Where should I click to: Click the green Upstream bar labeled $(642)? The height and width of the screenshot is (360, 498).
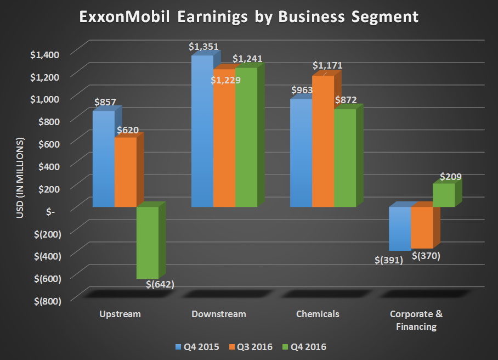(x=147, y=243)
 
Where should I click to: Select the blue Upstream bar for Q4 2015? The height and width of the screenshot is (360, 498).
(x=103, y=159)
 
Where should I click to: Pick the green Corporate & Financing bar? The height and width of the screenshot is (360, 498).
(x=443, y=195)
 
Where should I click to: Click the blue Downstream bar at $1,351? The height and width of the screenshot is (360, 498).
(x=202, y=131)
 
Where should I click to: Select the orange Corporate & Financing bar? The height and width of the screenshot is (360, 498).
(x=421, y=227)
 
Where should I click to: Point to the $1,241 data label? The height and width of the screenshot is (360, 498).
(x=247, y=58)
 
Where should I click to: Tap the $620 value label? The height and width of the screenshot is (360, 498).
(x=128, y=131)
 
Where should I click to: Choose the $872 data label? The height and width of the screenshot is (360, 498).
(x=346, y=100)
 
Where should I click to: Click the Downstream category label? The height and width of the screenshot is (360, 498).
(x=219, y=314)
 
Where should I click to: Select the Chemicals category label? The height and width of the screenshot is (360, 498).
(x=318, y=314)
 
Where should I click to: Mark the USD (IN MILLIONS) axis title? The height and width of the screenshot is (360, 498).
(x=21, y=178)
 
